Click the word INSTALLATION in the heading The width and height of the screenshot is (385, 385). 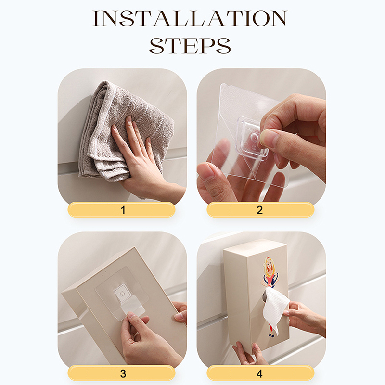(190, 18)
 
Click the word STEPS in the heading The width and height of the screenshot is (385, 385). (190, 46)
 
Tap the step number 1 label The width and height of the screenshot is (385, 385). (123, 210)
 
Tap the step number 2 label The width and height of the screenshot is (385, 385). (259, 210)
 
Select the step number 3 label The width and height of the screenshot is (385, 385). (123, 373)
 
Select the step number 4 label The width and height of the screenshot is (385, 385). (259, 373)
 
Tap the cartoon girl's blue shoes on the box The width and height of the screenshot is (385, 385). (271, 334)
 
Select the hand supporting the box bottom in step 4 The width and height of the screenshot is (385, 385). (248, 354)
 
